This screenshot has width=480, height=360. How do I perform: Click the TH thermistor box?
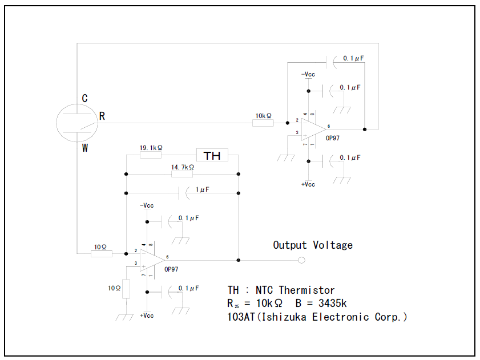point(212,155)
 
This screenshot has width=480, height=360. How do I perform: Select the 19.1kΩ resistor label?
point(151,148)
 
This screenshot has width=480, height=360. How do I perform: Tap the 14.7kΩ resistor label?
point(183,167)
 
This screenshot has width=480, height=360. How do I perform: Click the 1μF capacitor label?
point(203,189)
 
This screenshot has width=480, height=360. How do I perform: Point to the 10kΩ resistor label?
point(263,116)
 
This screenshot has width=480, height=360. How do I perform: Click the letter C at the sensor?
point(84,98)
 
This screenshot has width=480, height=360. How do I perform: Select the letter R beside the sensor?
point(102,116)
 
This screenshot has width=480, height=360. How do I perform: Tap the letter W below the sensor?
point(84,148)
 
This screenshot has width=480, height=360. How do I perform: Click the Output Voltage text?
point(313,245)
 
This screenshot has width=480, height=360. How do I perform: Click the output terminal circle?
point(302,261)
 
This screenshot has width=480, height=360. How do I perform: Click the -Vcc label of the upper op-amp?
point(309,74)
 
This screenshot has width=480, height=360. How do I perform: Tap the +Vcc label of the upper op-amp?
point(309,184)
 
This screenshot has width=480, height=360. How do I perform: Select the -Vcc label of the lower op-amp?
point(147,205)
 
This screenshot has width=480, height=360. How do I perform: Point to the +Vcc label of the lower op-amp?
point(147,315)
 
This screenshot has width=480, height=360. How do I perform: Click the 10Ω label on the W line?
point(100,247)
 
